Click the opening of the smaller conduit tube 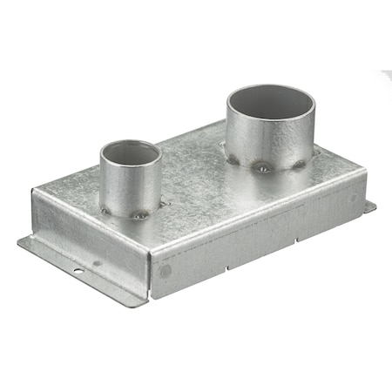pos(131,153)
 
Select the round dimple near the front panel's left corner pos(166,271)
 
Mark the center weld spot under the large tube pos(262,168)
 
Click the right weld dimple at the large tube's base pos(301,161)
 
